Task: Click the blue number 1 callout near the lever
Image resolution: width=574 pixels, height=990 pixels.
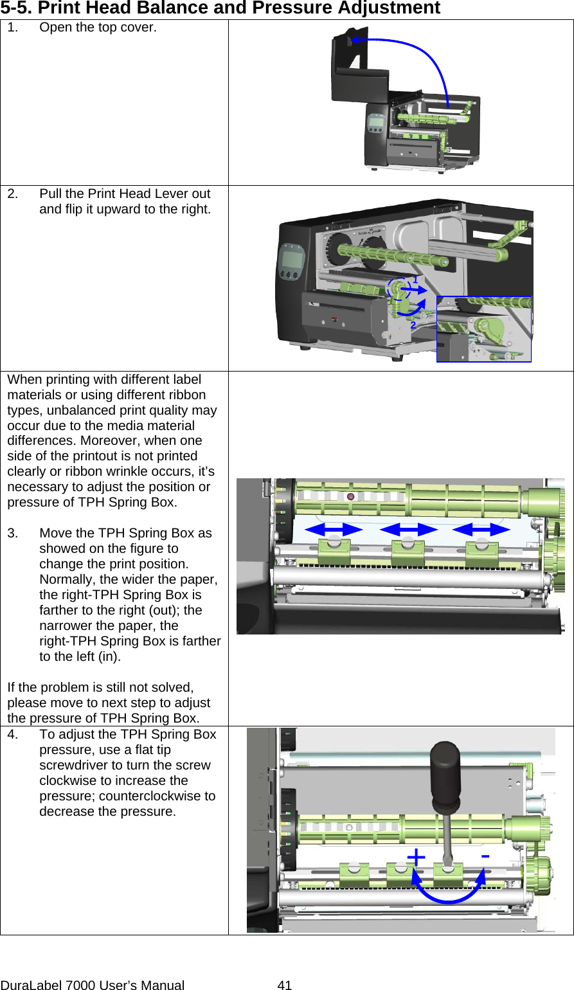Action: (415, 280)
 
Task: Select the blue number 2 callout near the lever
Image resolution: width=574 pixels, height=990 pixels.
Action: (413, 325)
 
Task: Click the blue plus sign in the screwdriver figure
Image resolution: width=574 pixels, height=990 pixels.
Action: (417, 857)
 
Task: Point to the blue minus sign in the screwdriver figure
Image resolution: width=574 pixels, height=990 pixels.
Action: (485, 856)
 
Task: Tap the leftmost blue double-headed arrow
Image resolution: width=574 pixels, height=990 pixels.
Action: (334, 529)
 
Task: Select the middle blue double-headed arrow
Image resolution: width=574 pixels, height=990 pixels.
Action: (408, 529)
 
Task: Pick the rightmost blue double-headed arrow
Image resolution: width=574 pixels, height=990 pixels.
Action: (481, 529)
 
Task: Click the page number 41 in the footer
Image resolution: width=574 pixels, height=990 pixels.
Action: (284, 984)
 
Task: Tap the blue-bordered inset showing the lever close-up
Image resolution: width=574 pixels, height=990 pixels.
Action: (484, 329)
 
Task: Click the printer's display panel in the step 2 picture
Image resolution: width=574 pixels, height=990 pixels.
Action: (292, 261)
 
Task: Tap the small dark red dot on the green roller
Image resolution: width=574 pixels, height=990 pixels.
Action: (351, 497)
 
